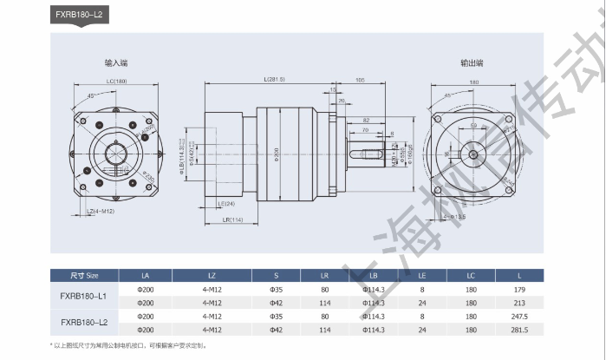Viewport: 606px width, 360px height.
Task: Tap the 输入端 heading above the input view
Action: click(116, 63)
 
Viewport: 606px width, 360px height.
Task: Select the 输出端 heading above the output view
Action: click(472, 63)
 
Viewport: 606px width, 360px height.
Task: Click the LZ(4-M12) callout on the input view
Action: click(101, 212)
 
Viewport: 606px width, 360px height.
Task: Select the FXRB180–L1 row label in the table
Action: click(84, 295)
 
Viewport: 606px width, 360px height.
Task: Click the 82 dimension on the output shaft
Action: click(367, 121)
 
